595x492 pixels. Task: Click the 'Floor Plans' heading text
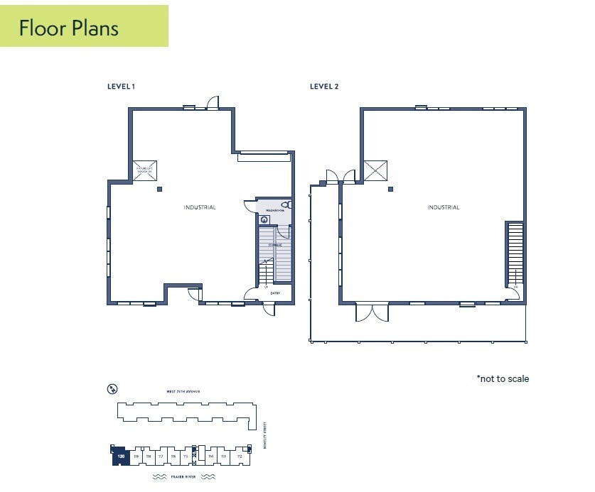(68, 28)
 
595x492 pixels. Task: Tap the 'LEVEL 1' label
(121, 87)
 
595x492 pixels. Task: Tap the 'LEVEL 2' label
(324, 87)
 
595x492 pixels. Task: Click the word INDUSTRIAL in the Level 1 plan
(200, 207)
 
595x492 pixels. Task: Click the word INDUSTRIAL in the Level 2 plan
(443, 207)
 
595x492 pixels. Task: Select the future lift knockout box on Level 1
(145, 170)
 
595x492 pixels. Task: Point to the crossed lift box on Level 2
(375, 170)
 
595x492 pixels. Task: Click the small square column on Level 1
(159, 189)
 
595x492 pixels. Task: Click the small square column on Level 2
(390, 189)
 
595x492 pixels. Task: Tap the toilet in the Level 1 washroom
(285, 204)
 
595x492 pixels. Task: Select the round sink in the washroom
(264, 220)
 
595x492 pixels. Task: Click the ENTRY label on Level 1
(275, 291)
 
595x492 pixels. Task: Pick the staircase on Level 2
(515, 252)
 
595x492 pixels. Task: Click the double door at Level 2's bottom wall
(372, 312)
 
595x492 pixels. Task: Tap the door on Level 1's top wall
(213, 104)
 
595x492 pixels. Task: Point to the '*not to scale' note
(503, 378)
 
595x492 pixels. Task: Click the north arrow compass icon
(112, 388)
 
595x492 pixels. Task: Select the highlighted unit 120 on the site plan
(120, 457)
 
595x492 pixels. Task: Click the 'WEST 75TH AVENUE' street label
(183, 391)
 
